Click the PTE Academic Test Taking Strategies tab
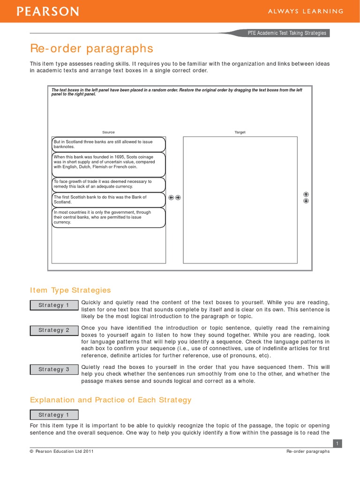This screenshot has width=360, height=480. pos(287,33)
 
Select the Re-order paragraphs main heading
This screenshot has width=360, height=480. pos(91,48)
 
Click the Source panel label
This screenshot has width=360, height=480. pos(108,132)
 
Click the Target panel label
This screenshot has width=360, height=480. pos(240,132)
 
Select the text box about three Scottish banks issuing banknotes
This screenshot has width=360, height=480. pos(108,144)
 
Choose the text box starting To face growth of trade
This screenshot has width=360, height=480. pos(108,184)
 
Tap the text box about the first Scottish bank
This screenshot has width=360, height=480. pos(108,200)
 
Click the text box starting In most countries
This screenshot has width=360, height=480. pos(108,217)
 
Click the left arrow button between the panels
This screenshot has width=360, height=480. pos(171,197)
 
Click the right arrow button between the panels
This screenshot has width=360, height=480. pos(178,197)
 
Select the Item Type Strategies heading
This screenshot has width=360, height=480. pos(70,290)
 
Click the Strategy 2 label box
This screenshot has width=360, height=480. pos(54,330)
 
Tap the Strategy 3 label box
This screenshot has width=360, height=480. pos(54,369)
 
